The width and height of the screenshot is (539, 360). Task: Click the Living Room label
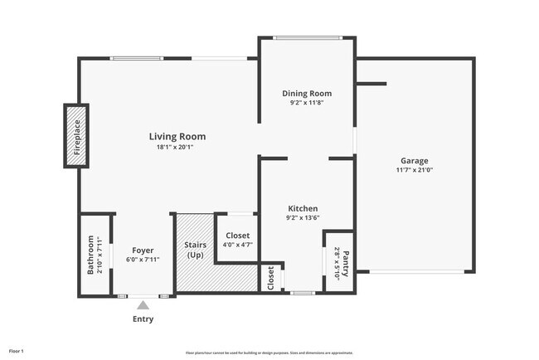(177, 136)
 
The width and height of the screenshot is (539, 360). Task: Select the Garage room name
(415, 160)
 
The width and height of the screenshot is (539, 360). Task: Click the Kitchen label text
(303, 208)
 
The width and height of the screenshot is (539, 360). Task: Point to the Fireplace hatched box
(76, 135)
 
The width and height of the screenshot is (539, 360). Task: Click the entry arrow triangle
(143, 305)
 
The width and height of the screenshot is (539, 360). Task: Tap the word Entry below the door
(143, 319)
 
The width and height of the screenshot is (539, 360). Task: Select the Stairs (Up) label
(195, 250)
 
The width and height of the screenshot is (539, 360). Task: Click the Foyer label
(143, 249)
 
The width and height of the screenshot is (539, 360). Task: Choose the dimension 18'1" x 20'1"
(177, 147)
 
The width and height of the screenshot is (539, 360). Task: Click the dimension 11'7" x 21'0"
(415, 170)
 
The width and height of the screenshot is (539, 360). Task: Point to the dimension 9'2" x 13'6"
(303, 218)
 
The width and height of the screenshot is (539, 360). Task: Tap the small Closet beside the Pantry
(271, 278)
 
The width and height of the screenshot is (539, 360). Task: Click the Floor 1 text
(17, 352)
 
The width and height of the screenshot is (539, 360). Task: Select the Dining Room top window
(308, 37)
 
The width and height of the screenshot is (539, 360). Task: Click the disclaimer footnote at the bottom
(269, 353)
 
